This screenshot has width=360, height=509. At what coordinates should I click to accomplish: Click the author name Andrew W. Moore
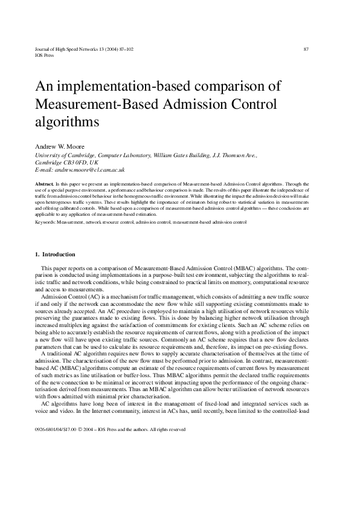click(60, 147)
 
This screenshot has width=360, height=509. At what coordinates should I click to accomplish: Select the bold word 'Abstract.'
click(45, 183)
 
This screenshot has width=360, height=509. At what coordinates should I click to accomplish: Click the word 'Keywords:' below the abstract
click(46, 222)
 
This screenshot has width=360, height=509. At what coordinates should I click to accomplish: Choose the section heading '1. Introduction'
click(55, 254)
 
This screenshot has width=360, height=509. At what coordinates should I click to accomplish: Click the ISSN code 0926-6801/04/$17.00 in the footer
click(57, 429)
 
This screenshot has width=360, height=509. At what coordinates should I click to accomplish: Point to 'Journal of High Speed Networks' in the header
click(69, 49)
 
